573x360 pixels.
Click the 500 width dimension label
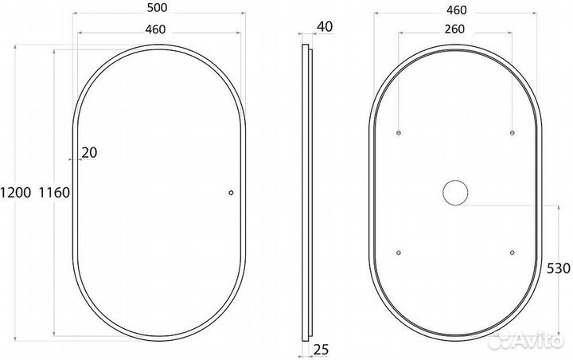tap(157, 8)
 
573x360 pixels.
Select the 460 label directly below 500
tap(155, 29)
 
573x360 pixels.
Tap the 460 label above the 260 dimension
tap(457, 10)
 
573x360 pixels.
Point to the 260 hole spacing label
tap(454, 29)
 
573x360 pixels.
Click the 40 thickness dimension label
tap(325, 27)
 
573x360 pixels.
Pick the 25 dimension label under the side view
tap(321, 350)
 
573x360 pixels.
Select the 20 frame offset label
tap(89, 153)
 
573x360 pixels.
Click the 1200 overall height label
tap(15, 193)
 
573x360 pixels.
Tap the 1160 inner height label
tap(54, 193)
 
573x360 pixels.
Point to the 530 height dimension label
tap(558, 268)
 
